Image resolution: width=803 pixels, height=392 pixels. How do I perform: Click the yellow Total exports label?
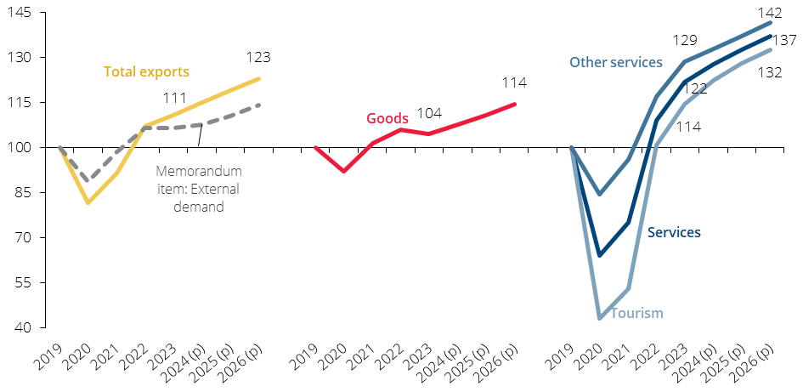146,71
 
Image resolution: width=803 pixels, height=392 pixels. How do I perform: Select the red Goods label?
387,118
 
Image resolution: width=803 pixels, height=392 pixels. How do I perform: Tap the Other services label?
616,63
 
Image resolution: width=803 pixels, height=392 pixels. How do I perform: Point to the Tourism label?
637,313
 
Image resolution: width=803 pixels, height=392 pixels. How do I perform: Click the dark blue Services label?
674,232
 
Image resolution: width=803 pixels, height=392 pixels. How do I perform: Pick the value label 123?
258,57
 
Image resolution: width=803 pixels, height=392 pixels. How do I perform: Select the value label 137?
784,39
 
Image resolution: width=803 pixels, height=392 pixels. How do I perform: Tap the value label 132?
770,73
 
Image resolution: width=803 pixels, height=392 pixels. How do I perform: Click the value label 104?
429,113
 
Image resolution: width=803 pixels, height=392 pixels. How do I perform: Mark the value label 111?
175,97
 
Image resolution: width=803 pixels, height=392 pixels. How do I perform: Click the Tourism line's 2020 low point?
600,318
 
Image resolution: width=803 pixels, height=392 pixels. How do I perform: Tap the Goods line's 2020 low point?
343,171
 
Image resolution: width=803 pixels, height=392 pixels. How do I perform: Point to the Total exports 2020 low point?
88,202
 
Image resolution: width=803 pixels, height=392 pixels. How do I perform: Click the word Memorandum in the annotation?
199,171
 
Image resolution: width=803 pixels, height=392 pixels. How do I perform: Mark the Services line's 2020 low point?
600,255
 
